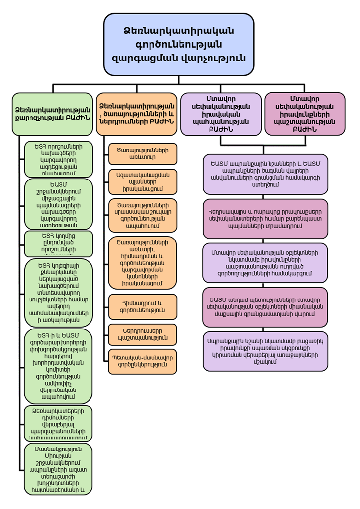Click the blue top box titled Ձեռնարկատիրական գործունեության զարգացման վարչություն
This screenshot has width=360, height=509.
[179, 44]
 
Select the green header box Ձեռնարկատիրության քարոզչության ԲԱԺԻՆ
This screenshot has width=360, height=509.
[52, 114]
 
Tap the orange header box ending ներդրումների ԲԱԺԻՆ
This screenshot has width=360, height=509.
[136, 114]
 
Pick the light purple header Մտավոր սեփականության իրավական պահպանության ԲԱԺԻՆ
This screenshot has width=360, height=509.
[221, 114]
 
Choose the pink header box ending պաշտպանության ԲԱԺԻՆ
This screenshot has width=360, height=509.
[298, 114]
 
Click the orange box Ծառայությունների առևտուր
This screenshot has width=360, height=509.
[143, 154]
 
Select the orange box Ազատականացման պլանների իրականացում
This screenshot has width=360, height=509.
[143, 181]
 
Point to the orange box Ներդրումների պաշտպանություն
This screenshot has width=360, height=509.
[143, 334]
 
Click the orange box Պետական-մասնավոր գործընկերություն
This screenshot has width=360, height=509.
[143, 361]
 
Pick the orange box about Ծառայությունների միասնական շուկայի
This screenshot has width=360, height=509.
[143, 215]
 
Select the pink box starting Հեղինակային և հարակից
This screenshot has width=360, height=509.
[265, 218]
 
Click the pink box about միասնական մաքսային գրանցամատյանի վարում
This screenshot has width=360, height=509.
[265, 307]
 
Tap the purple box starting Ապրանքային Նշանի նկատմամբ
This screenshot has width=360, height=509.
[265, 351]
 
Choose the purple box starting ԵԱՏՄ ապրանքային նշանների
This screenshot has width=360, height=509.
[265, 174]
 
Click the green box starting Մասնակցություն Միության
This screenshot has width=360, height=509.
[58, 469]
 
